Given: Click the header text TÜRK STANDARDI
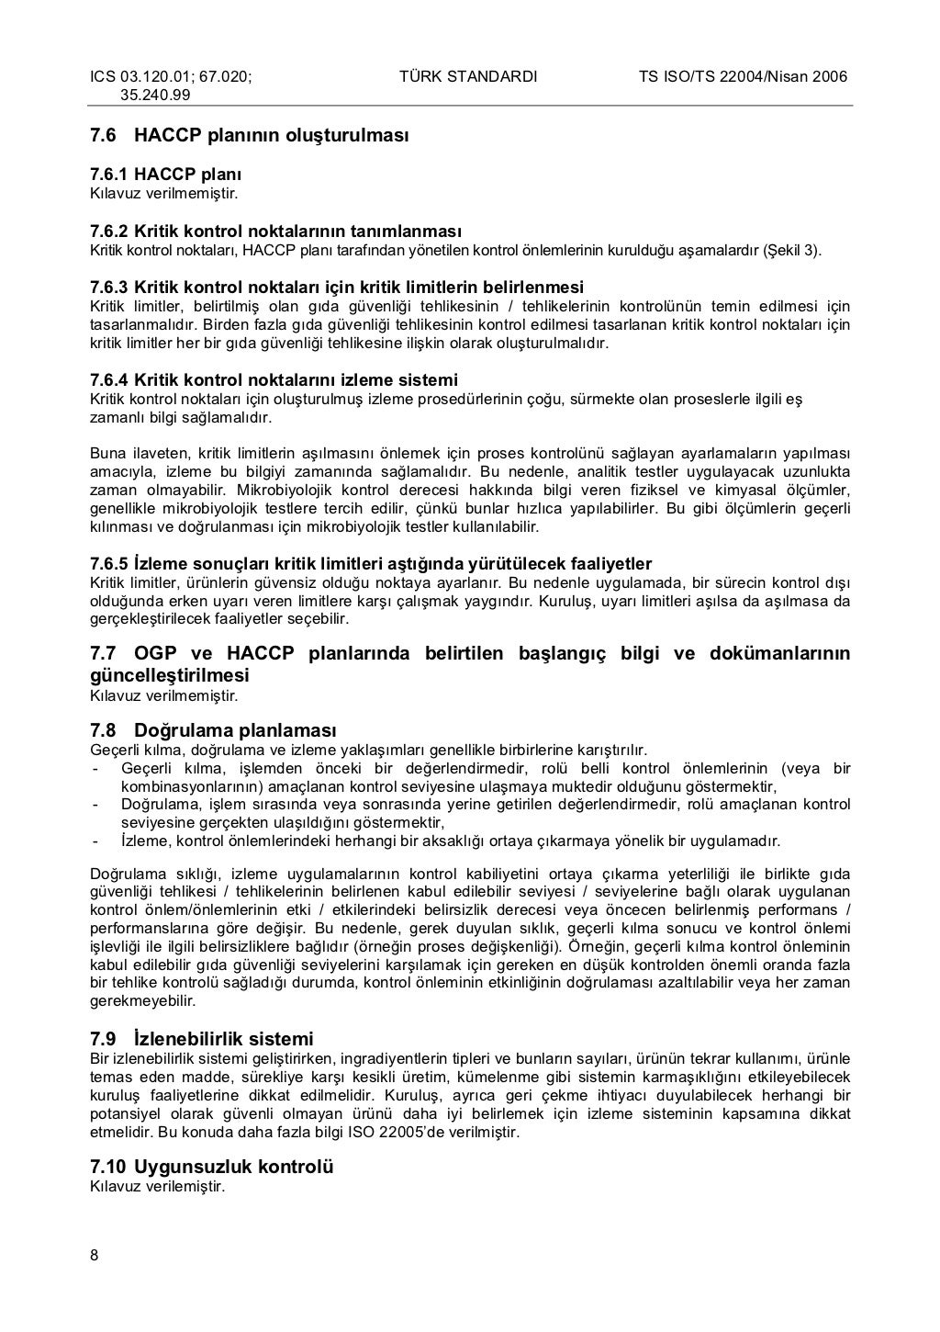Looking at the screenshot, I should (x=468, y=76).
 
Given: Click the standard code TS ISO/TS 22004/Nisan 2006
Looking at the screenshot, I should (x=743, y=76).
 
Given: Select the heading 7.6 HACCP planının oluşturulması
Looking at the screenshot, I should (x=249, y=135).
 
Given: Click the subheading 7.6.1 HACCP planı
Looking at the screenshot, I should (x=166, y=175).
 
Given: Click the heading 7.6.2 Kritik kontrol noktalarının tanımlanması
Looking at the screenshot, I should (x=275, y=231).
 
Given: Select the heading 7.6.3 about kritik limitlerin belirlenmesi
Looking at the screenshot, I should (x=337, y=288).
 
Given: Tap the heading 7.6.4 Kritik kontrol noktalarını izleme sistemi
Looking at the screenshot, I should (x=274, y=380).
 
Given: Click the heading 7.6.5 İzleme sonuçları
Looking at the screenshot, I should (x=371, y=563).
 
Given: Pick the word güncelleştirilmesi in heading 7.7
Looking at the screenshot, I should (x=170, y=675).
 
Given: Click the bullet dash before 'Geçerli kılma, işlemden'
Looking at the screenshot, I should (x=95, y=768).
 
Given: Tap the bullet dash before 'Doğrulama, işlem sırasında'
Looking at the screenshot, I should (x=95, y=805).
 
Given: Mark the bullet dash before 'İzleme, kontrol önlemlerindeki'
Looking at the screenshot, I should (x=95, y=841).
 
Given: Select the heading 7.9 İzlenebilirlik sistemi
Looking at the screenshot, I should (x=202, y=1039).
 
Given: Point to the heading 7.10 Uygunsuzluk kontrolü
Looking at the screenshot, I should (x=212, y=1167).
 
